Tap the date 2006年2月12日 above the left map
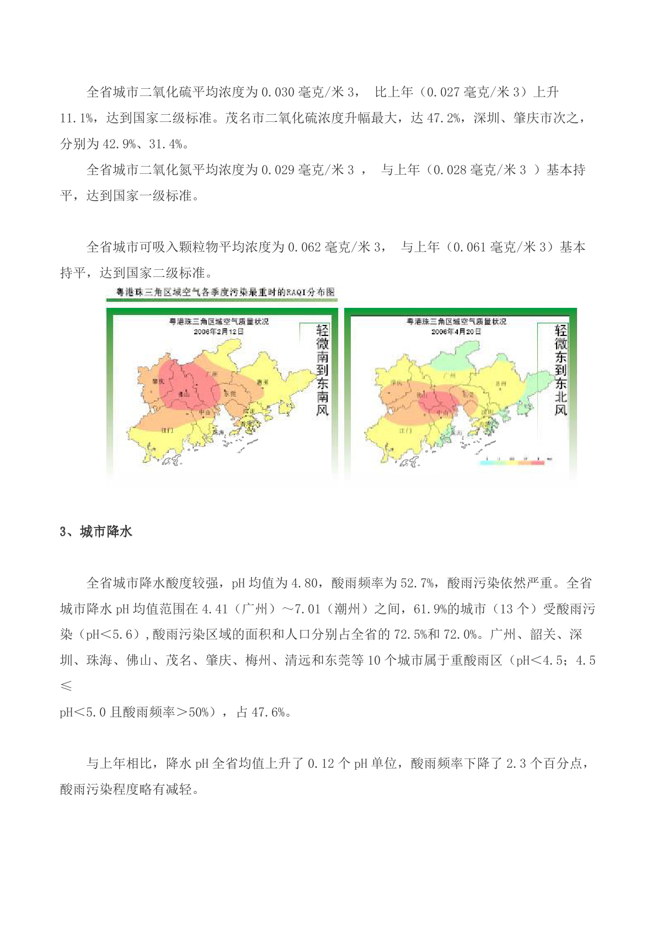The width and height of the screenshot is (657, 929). click(x=218, y=332)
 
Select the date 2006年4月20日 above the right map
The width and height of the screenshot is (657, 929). click(x=456, y=332)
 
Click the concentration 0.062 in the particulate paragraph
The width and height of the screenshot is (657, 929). click(x=304, y=247)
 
